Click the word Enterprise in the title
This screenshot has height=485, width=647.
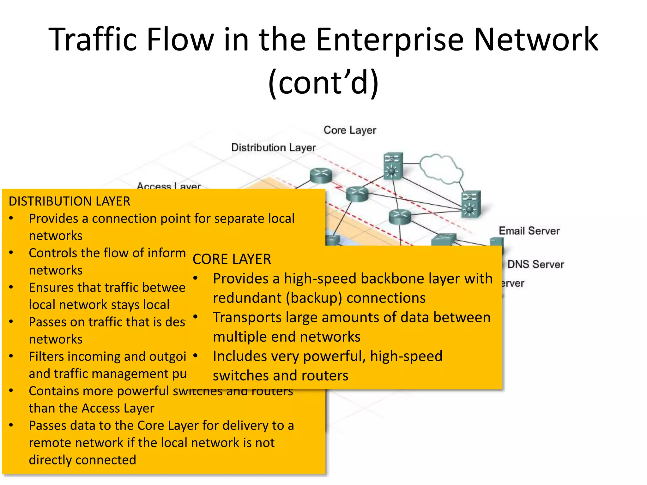pos(389,40)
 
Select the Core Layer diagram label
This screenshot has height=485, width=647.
pos(349,130)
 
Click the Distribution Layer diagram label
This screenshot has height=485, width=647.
pos(273,147)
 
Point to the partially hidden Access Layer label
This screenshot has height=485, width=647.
pos(169,186)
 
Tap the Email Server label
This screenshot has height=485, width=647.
pos(529,231)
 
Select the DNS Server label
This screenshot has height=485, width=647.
pos(535,264)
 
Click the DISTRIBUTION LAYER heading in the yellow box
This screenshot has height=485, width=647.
pos(69,201)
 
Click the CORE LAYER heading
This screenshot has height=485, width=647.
pos(232,259)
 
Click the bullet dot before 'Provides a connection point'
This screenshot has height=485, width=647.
pos(11,218)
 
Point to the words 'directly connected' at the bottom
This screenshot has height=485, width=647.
pos(82,460)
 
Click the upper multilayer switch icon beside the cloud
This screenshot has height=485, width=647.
pos(393,166)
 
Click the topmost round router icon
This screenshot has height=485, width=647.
pos(321,175)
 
